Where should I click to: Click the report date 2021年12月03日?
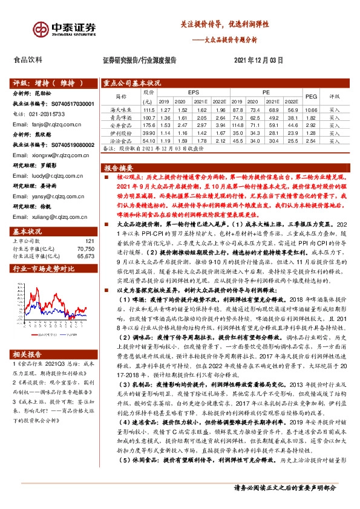tap(258, 60)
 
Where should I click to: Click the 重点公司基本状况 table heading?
tap(131, 83)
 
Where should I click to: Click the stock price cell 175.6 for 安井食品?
tap(148, 125)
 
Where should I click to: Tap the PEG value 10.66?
tap(311, 110)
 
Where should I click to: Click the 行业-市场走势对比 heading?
tap(43, 268)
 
